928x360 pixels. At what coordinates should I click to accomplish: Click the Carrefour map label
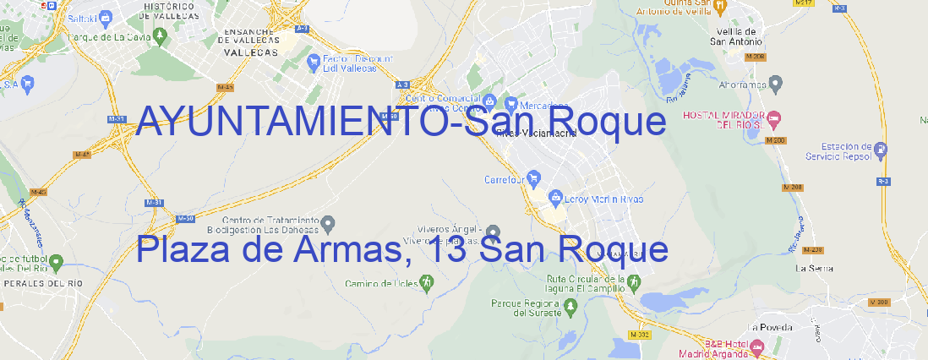[505, 179]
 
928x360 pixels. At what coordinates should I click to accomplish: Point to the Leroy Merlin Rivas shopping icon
[555, 198]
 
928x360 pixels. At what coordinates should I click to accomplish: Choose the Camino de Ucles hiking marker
[426, 282]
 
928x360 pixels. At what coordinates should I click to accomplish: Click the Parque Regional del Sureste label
[526, 308]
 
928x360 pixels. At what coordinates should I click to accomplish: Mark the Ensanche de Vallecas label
[251, 39]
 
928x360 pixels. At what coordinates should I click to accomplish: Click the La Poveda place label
[770, 326]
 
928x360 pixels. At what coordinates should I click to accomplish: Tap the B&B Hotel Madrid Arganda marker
[756, 346]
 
